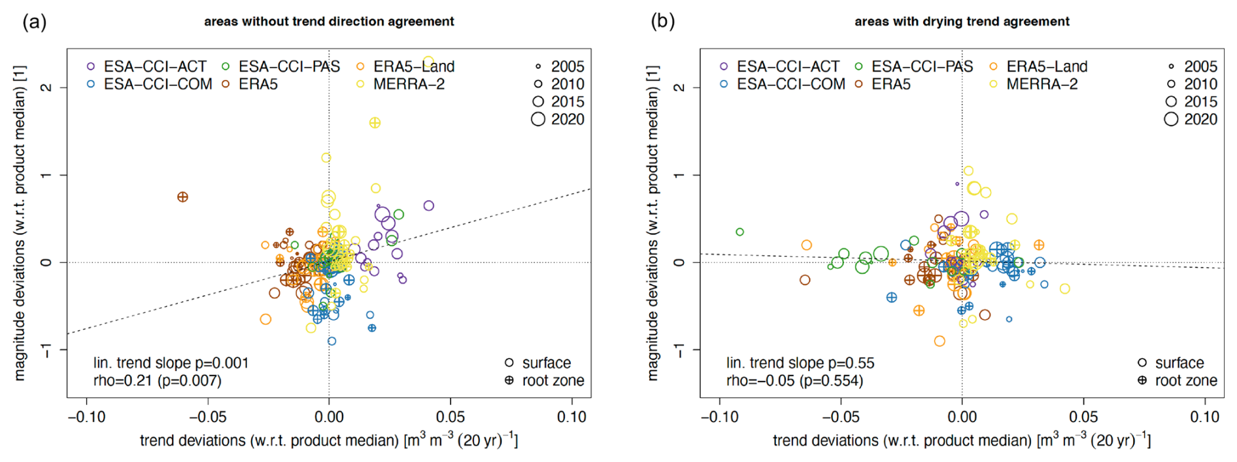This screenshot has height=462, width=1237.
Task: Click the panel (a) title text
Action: [329, 22]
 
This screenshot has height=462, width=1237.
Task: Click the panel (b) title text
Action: [962, 22]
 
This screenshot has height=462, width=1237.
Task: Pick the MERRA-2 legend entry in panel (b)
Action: [1042, 84]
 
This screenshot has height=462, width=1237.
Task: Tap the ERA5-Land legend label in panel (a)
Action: [414, 67]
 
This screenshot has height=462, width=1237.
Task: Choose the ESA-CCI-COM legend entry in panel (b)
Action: [790, 84]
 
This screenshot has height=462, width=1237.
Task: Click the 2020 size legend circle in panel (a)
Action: [538, 119]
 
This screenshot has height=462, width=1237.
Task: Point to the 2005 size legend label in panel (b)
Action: [1200, 67]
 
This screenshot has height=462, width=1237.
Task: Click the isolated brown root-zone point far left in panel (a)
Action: [183, 197]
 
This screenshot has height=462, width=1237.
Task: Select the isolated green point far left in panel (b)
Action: [739, 232]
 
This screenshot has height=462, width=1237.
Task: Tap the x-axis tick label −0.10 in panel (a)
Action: [86, 417]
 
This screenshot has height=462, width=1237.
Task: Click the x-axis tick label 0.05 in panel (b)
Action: [1083, 417]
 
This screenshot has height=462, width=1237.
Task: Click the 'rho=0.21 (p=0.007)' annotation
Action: [158, 381]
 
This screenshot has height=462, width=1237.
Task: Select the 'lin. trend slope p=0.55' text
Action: [800, 363]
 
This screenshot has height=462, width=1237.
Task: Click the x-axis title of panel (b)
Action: [962, 440]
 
